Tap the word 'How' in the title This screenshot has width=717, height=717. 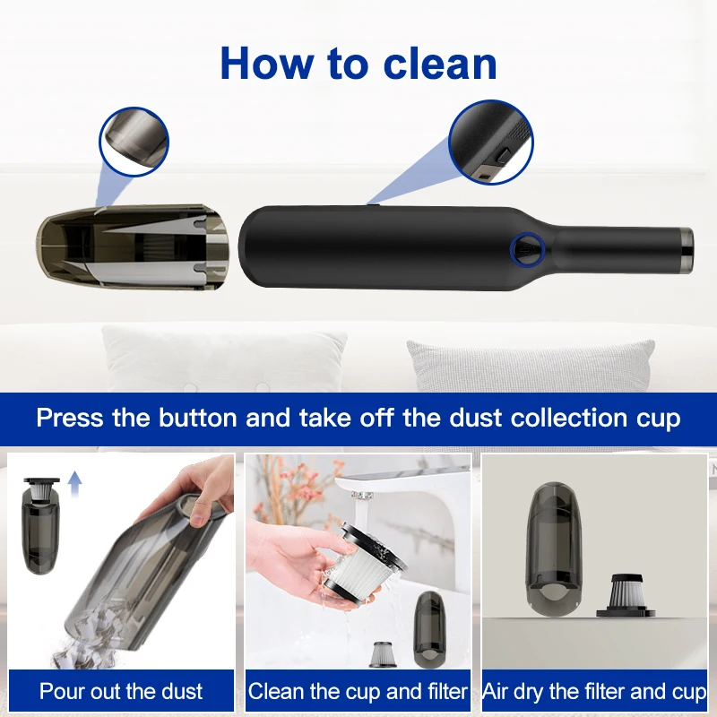[262, 63]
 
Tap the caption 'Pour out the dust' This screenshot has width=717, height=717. [121, 692]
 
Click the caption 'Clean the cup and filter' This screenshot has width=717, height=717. [358, 692]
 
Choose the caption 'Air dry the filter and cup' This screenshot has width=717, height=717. [594, 692]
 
